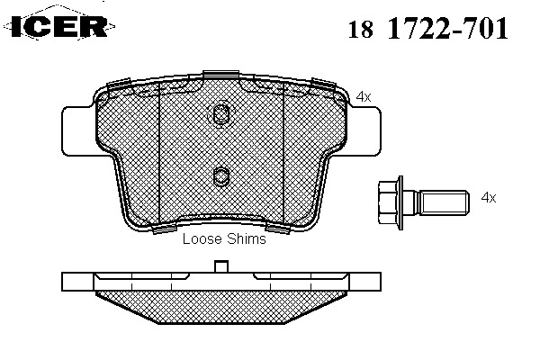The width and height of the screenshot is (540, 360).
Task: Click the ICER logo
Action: (59, 25)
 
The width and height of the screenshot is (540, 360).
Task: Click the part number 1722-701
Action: (448, 28)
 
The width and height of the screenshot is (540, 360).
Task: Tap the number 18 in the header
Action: (361, 29)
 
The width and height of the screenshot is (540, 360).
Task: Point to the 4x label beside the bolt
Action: (489, 198)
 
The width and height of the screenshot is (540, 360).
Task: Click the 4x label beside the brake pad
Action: (364, 97)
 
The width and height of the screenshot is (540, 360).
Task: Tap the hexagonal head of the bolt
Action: (391, 202)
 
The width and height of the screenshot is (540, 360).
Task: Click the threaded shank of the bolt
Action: (444, 202)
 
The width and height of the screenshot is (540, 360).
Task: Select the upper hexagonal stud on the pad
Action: (220, 114)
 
